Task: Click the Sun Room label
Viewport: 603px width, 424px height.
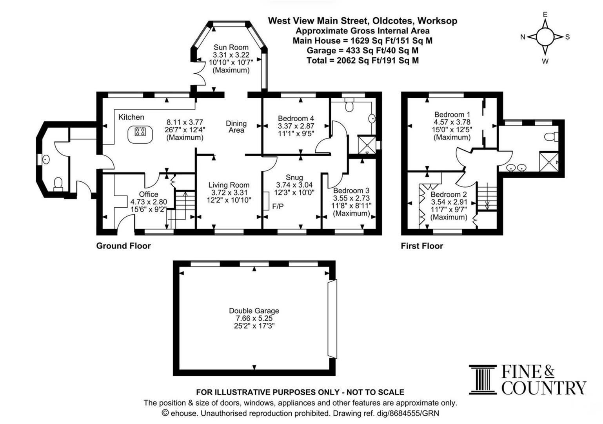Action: point(231,47)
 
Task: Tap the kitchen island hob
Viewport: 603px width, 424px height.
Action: point(140,132)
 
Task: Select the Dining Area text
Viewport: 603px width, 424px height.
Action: point(236,127)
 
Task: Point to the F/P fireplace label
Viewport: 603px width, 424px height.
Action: point(278,207)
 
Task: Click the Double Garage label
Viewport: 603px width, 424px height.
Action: point(254,311)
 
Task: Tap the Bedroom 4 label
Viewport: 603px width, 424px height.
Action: point(296,118)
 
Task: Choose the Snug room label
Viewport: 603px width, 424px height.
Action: point(294,177)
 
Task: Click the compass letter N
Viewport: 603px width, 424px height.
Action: point(523,37)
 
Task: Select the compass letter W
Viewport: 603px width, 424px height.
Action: point(545,61)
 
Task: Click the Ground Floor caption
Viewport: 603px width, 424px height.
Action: point(124,246)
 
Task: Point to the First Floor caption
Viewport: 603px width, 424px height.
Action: point(422,246)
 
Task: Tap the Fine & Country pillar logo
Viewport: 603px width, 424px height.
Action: point(483,380)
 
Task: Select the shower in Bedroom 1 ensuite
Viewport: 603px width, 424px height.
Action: point(549,162)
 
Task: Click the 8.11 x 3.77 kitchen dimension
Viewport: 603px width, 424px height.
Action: point(185,122)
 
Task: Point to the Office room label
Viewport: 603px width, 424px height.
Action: point(149,194)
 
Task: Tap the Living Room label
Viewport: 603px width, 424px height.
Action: point(229,185)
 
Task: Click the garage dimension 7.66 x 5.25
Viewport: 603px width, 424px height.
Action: point(254,318)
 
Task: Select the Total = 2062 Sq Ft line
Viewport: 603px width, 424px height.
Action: point(363,60)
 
